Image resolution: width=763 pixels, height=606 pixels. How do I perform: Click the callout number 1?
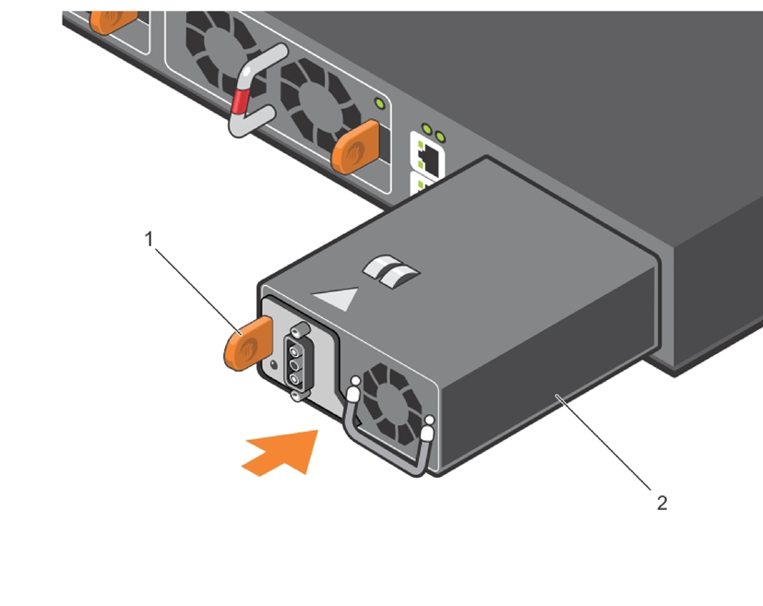click(149, 240)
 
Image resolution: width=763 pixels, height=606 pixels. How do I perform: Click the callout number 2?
click(661, 503)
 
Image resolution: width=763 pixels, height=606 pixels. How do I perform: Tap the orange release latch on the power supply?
click(247, 343)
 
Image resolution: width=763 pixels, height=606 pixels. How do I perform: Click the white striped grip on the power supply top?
click(391, 270)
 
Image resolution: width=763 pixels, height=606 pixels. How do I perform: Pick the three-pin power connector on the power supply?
click(297, 361)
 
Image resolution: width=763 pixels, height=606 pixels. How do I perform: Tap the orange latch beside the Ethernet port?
click(355, 144)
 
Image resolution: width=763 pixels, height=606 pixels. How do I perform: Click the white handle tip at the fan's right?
click(427, 431)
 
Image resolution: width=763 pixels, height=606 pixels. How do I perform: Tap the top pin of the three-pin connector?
click(297, 347)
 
